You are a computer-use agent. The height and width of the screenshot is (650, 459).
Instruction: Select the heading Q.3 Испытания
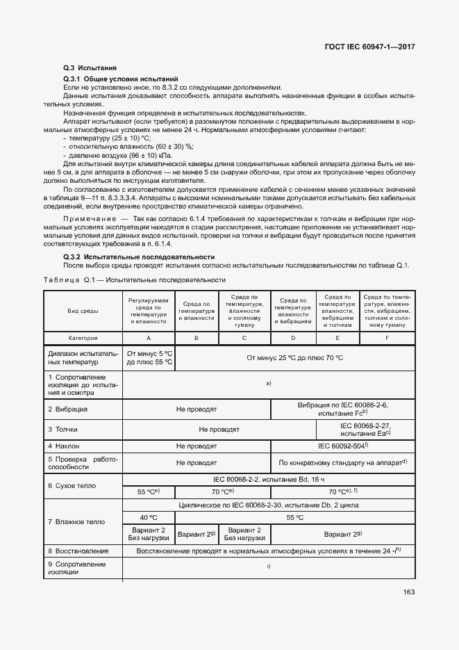tap(85, 68)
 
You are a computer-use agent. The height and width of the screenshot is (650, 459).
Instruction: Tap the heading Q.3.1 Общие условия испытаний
tap(121, 80)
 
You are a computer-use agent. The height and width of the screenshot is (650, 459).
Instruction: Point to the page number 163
tap(409, 592)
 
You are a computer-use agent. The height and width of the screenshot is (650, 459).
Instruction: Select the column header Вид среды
tap(83, 311)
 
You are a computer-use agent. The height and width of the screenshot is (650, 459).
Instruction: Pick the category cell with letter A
tap(148, 337)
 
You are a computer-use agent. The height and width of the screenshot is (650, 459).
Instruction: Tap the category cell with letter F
tap(387, 337)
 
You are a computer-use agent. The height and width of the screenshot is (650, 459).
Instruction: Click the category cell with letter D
tap(293, 337)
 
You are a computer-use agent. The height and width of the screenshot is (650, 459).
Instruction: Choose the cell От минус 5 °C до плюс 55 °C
tap(149, 357)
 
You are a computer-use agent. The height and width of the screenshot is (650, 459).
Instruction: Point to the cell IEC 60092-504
tap(342, 446)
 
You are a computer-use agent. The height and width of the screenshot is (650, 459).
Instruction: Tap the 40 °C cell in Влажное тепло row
tap(148, 517)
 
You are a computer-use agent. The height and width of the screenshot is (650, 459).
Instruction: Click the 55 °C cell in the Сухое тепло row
tap(148, 491)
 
